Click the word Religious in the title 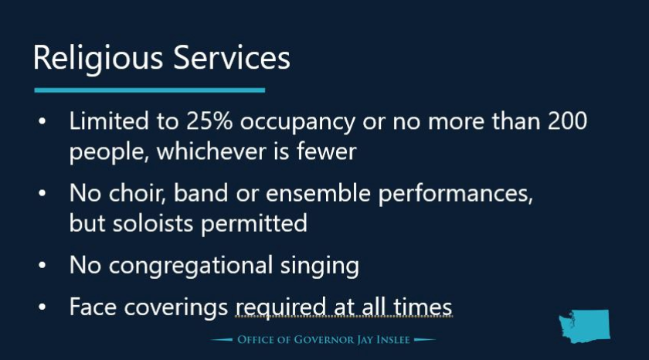click(98, 59)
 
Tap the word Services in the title click(232, 57)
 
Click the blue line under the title click(150, 90)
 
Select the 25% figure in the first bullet click(209, 121)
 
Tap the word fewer click(327, 151)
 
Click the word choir click(137, 193)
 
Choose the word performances click(455, 195)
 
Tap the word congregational click(190, 267)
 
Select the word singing click(320, 267)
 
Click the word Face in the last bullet click(93, 307)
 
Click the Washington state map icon click(584, 326)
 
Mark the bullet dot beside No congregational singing click(42, 265)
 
